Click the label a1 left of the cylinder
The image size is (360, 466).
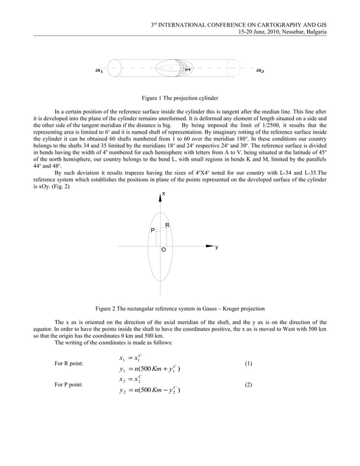point(99,71)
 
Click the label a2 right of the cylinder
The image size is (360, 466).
point(260,71)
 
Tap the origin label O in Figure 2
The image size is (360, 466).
point(163,249)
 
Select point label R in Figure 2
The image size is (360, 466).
point(168,226)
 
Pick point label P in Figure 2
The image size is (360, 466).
point(151,231)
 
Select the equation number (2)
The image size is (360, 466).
point(248,384)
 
